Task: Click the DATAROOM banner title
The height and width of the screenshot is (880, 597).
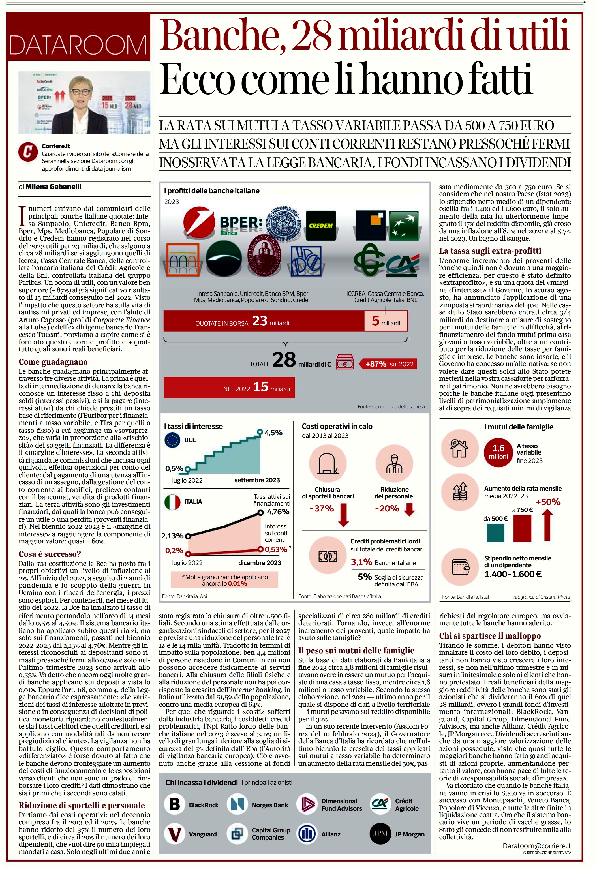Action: click(78, 45)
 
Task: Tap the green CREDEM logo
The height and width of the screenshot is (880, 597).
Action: click(320, 226)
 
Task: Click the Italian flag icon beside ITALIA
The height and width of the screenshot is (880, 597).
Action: click(173, 502)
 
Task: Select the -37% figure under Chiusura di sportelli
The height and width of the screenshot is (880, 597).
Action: click(322, 509)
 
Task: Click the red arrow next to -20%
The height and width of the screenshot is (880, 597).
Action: click(410, 509)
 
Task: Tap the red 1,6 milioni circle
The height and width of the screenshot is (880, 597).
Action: click(498, 452)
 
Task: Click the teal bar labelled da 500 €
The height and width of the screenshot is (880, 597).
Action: click(495, 532)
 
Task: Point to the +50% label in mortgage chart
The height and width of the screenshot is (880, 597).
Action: click(548, 502)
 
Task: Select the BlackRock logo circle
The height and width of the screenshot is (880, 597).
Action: click(175, 804)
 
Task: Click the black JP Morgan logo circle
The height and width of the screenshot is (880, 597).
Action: click(380, 834)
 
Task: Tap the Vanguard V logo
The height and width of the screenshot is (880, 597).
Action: click(175, 834)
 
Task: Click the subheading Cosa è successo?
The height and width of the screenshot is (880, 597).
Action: click(50, 554)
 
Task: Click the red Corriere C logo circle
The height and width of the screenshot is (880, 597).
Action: click(28, 152)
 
